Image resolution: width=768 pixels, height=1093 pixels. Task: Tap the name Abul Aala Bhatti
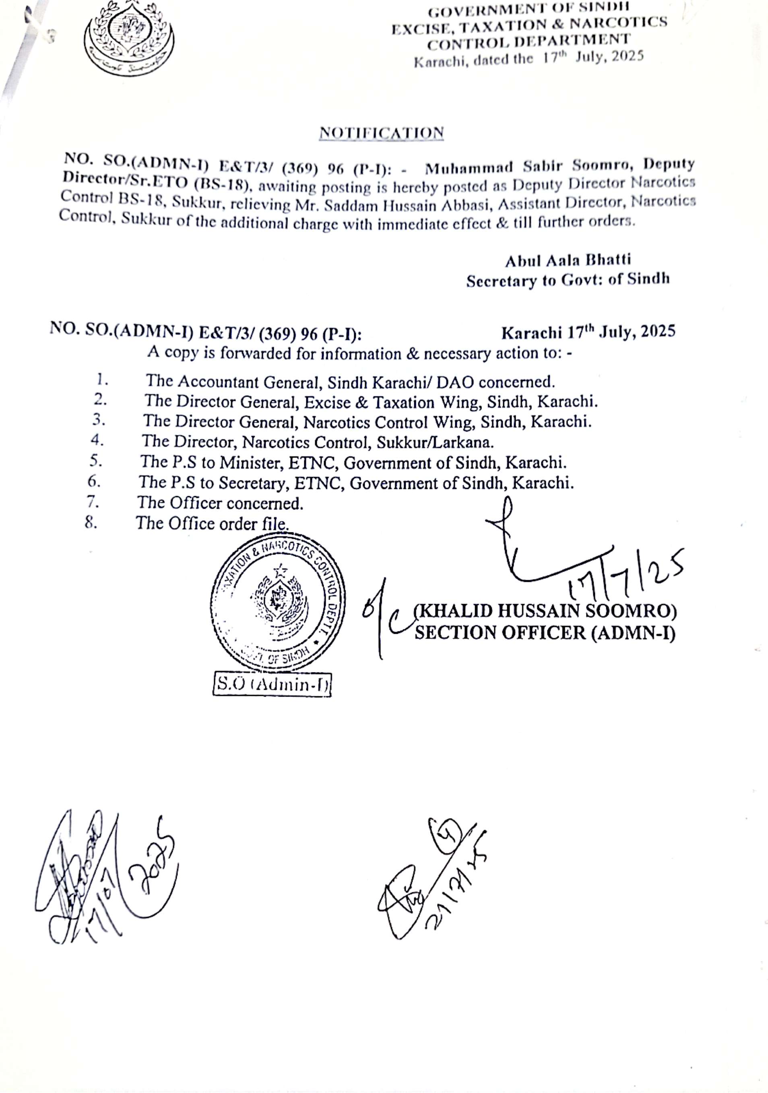point(568,260)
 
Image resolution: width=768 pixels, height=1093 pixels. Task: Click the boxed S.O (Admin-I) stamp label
point(272,684)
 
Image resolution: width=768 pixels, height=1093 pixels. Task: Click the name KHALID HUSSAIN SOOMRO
point(545,611)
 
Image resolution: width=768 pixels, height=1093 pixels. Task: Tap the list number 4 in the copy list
point(97,440)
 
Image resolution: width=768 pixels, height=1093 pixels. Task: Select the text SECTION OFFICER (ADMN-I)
point(545,633)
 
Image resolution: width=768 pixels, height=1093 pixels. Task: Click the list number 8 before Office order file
point(91,523)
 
